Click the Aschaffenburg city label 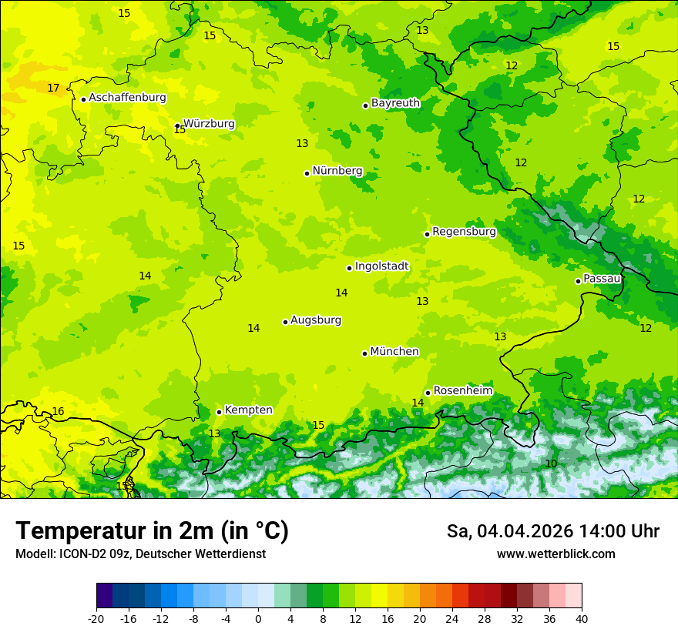tap(127, 98)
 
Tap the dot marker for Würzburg tap(177, 125)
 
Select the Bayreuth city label tap(395, 102)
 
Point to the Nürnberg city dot tap(307, 173)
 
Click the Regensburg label tap(464, 231)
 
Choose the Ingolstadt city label tap(381, 266)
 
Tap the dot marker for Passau tap(578, 281)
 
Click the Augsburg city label tap(316, 320)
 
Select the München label tap(394, 352)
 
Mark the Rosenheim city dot tap(428, 393)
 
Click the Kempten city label tap(248, 410)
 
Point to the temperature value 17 tap(53, 89)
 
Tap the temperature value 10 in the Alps tap(551, 463)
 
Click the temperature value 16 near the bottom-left tap(58, 412)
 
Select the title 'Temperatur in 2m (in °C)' tap(152, 531)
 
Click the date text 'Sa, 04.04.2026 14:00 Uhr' tap(552, 531)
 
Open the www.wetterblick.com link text tap(555, 554)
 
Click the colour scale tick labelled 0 tap(258, 619)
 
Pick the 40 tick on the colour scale tap(582, 619)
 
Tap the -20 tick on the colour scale tap(96, 619)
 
